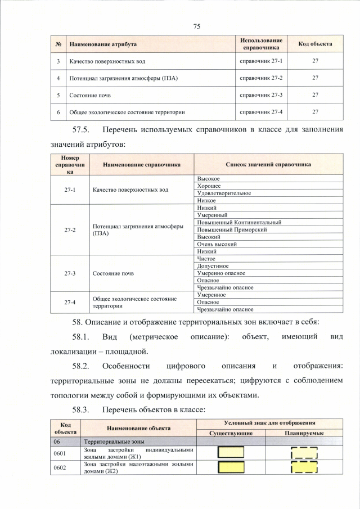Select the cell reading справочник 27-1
(261, 60)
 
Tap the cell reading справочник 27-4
(261, 111)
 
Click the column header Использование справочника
(261, 44)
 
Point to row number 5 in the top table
(58, 94)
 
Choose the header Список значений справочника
(268, 165)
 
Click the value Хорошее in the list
(209, 186)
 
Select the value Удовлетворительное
(224, 193)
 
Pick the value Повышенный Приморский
(232, 229)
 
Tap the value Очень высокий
(217, 244)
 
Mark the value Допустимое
(213, 266)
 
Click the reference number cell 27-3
(70, 273)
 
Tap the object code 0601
(60, 453)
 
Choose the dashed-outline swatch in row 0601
(304, 453)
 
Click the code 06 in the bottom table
(57, 442)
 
